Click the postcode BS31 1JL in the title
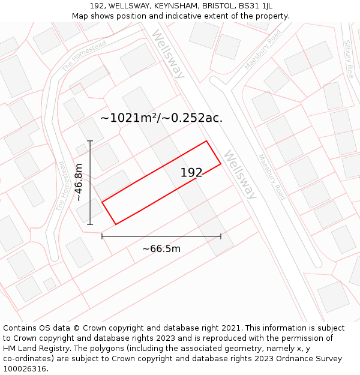[x=255, y=5]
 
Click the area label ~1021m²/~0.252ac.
[x=161, y=118]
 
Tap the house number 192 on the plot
[x=191, y=173]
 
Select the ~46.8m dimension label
[x=79, y=182]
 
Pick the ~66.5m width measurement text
[x=161, y=248]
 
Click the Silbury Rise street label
[x=348, y=61]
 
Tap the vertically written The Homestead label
[x=61, y=185]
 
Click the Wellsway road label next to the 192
[x=241, y=175]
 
